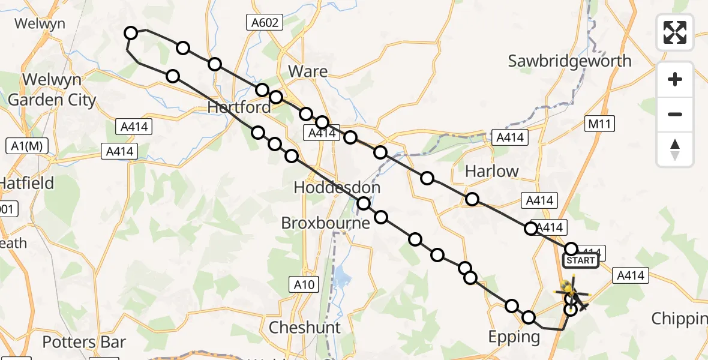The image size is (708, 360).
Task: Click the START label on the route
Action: (580, 260)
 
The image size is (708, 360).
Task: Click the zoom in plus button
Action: (675, 79)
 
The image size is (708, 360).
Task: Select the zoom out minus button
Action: (675, 114)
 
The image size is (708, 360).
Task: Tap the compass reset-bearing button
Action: (675, 149)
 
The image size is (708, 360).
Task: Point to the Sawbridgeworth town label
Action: (569, 61)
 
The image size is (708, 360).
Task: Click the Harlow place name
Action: (492, 171)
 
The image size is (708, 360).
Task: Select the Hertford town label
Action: (239, 108)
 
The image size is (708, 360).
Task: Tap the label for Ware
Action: (308, 72)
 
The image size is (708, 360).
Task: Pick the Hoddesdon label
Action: (337, 188)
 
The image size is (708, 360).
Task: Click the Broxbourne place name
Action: (326, 223)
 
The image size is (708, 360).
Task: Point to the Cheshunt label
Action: (305, 328)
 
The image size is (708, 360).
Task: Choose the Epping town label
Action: (514, 337)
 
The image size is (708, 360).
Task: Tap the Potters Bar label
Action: (84, 343)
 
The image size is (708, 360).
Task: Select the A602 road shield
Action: (265, 23)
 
